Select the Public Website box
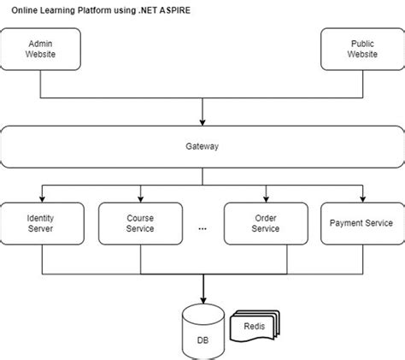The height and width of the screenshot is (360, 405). (x=361, y=49)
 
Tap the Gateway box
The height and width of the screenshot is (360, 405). (x=202, y=146)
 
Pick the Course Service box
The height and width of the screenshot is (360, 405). (x=140, y=224)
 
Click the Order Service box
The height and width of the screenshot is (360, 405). (x=265, y=224)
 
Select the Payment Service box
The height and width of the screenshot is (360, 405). (x=361, y=224)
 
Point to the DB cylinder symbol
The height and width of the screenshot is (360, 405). (x=202, y=332)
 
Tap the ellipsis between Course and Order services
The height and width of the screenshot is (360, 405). (x=202, y=228)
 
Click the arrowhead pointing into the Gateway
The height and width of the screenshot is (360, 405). (x=202, y=121)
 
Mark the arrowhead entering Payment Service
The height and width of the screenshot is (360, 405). (x=361, y=198)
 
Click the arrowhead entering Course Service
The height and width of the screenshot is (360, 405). (x=140, y=198)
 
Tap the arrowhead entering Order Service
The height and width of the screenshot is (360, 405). (x=265, y=198)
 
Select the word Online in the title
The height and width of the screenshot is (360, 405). (x=25, y=10)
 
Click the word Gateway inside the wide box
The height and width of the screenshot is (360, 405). (x=202, y=146)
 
